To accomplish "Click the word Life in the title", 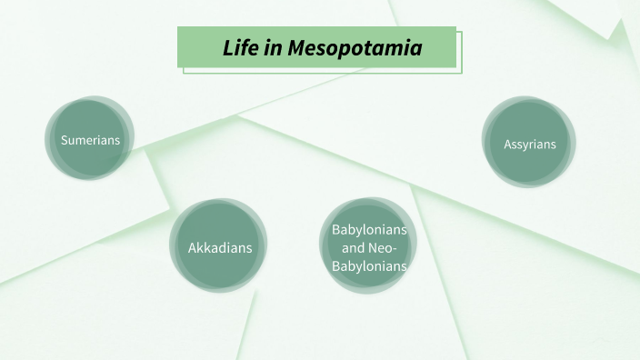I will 240,48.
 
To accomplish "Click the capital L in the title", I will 228,48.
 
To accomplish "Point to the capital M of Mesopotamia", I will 296,48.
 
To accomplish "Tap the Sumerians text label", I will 90,140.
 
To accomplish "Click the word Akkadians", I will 219,247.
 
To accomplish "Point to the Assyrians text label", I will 529,144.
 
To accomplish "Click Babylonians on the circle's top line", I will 369,229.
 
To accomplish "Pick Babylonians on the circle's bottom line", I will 369,265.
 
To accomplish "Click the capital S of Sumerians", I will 64,140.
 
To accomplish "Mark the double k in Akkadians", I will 204,247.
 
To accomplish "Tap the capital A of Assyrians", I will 508,144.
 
